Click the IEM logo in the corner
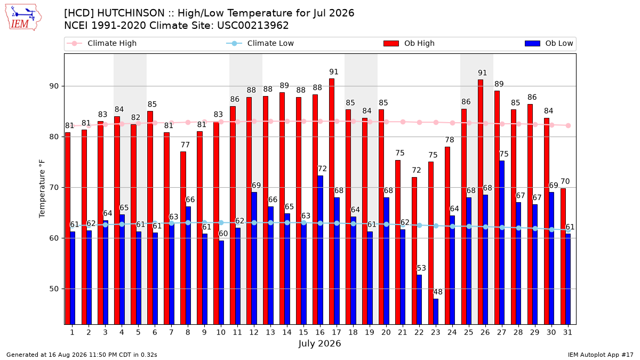(x=23, y=18)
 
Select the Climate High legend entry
(x=101, y=43)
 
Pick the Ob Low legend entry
(x=549, y=43)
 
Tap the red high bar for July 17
(x=332, y=202)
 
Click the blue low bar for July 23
(x=436, y=311)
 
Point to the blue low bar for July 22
(x=419, y=299)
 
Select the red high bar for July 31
(x=563, y=257)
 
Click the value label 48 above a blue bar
(x=438, y=292)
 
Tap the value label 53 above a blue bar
(x=421, y=268)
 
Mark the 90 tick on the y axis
(x=54, y=86)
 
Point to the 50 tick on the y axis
(x=54, y=289)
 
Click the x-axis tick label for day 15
(x=303, y=332)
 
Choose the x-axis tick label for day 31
(x=567, y=332)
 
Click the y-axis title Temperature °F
(x=42, y=189)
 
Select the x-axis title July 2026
(x=319, y=343)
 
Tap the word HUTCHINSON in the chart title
(x=131, y=13)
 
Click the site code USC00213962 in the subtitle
(x=253, y=26)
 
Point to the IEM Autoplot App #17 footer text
(x=601, y=355)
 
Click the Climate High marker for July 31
(x=569, y=126)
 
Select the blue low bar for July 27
(x=502, y=243)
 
